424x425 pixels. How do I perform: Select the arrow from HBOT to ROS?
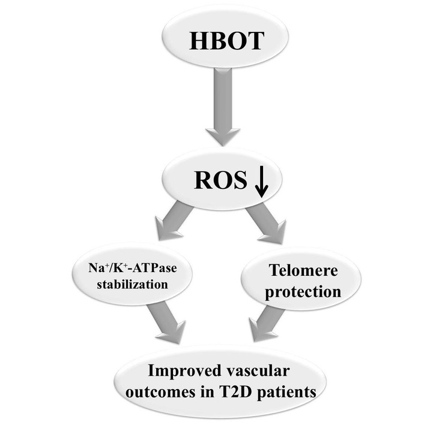pos(223,108)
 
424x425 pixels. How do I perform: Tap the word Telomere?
pos(304,272)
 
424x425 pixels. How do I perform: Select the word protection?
pos(304,292)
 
